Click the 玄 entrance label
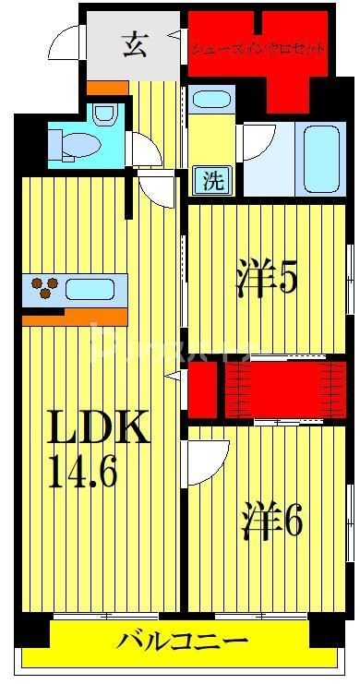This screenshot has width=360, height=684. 133,44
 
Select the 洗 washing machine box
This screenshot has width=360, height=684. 213,181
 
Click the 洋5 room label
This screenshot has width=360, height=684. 267,277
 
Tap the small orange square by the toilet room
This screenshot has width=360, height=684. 106,89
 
